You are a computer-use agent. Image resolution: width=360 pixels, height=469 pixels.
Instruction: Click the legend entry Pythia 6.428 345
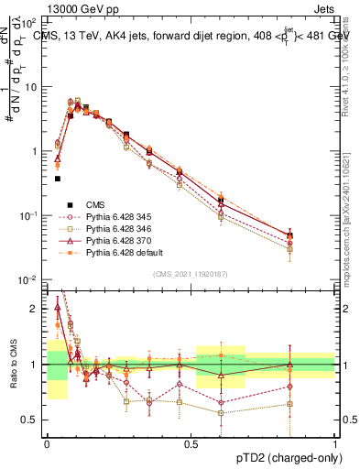click(x=118, y=213)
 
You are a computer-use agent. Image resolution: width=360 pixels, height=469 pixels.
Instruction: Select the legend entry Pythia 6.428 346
click(x=118, y=224)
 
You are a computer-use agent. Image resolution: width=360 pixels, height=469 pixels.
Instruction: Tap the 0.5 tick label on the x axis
click(x=191, y=443)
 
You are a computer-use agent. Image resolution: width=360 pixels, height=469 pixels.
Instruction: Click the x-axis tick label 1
click(x=336, y=443)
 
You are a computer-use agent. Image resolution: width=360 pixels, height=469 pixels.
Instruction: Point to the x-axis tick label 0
click(x=47, y=443)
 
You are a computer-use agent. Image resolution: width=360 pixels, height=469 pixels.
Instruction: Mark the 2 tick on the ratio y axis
click(x=36, y=309)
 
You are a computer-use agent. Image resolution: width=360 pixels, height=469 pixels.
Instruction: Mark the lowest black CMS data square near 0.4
click(x=57, y=179)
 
